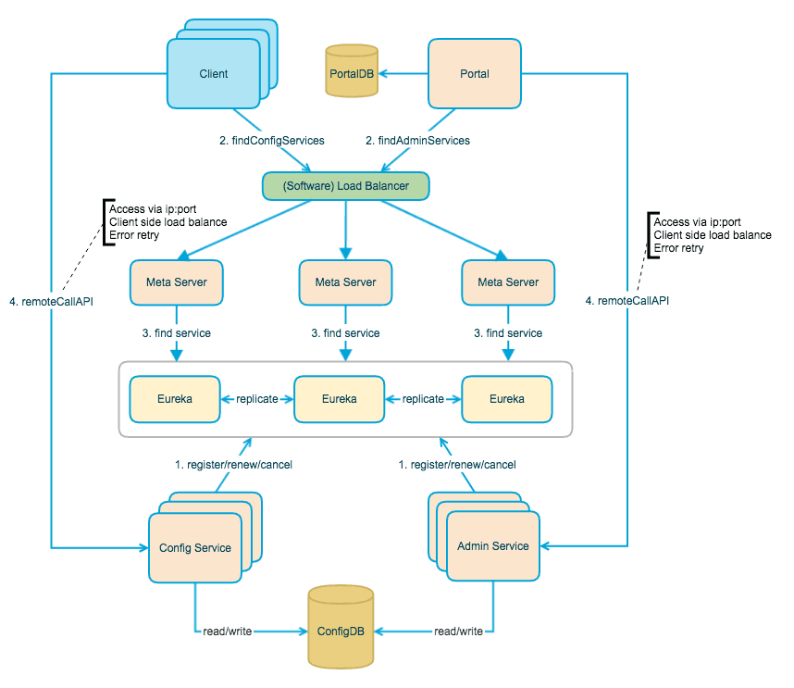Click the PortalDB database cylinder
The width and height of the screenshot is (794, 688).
click(352, 71)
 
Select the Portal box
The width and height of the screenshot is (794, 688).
click(474, 74)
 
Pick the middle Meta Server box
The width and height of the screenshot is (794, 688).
click(345, 281)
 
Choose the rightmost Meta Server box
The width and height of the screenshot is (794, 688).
click(507, 281)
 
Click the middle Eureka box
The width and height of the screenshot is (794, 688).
click(338, 399)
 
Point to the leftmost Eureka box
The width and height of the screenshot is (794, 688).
click(175, 399)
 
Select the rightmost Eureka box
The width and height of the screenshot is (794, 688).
click(507, 399)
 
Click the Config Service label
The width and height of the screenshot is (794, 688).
click(194, 547)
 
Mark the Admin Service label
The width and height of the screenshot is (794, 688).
click(493, 546)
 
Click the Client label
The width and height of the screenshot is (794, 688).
click(213, 74)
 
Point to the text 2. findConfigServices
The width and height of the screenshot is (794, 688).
click(271, 141)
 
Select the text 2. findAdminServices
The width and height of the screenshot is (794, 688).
click(417, 141)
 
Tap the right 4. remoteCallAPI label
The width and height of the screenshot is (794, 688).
click(627, 301)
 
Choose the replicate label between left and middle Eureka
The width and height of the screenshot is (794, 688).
click(256, 399)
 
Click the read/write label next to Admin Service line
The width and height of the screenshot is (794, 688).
click(458, 632)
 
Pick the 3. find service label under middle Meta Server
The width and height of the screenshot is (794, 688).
click(345, 332)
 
